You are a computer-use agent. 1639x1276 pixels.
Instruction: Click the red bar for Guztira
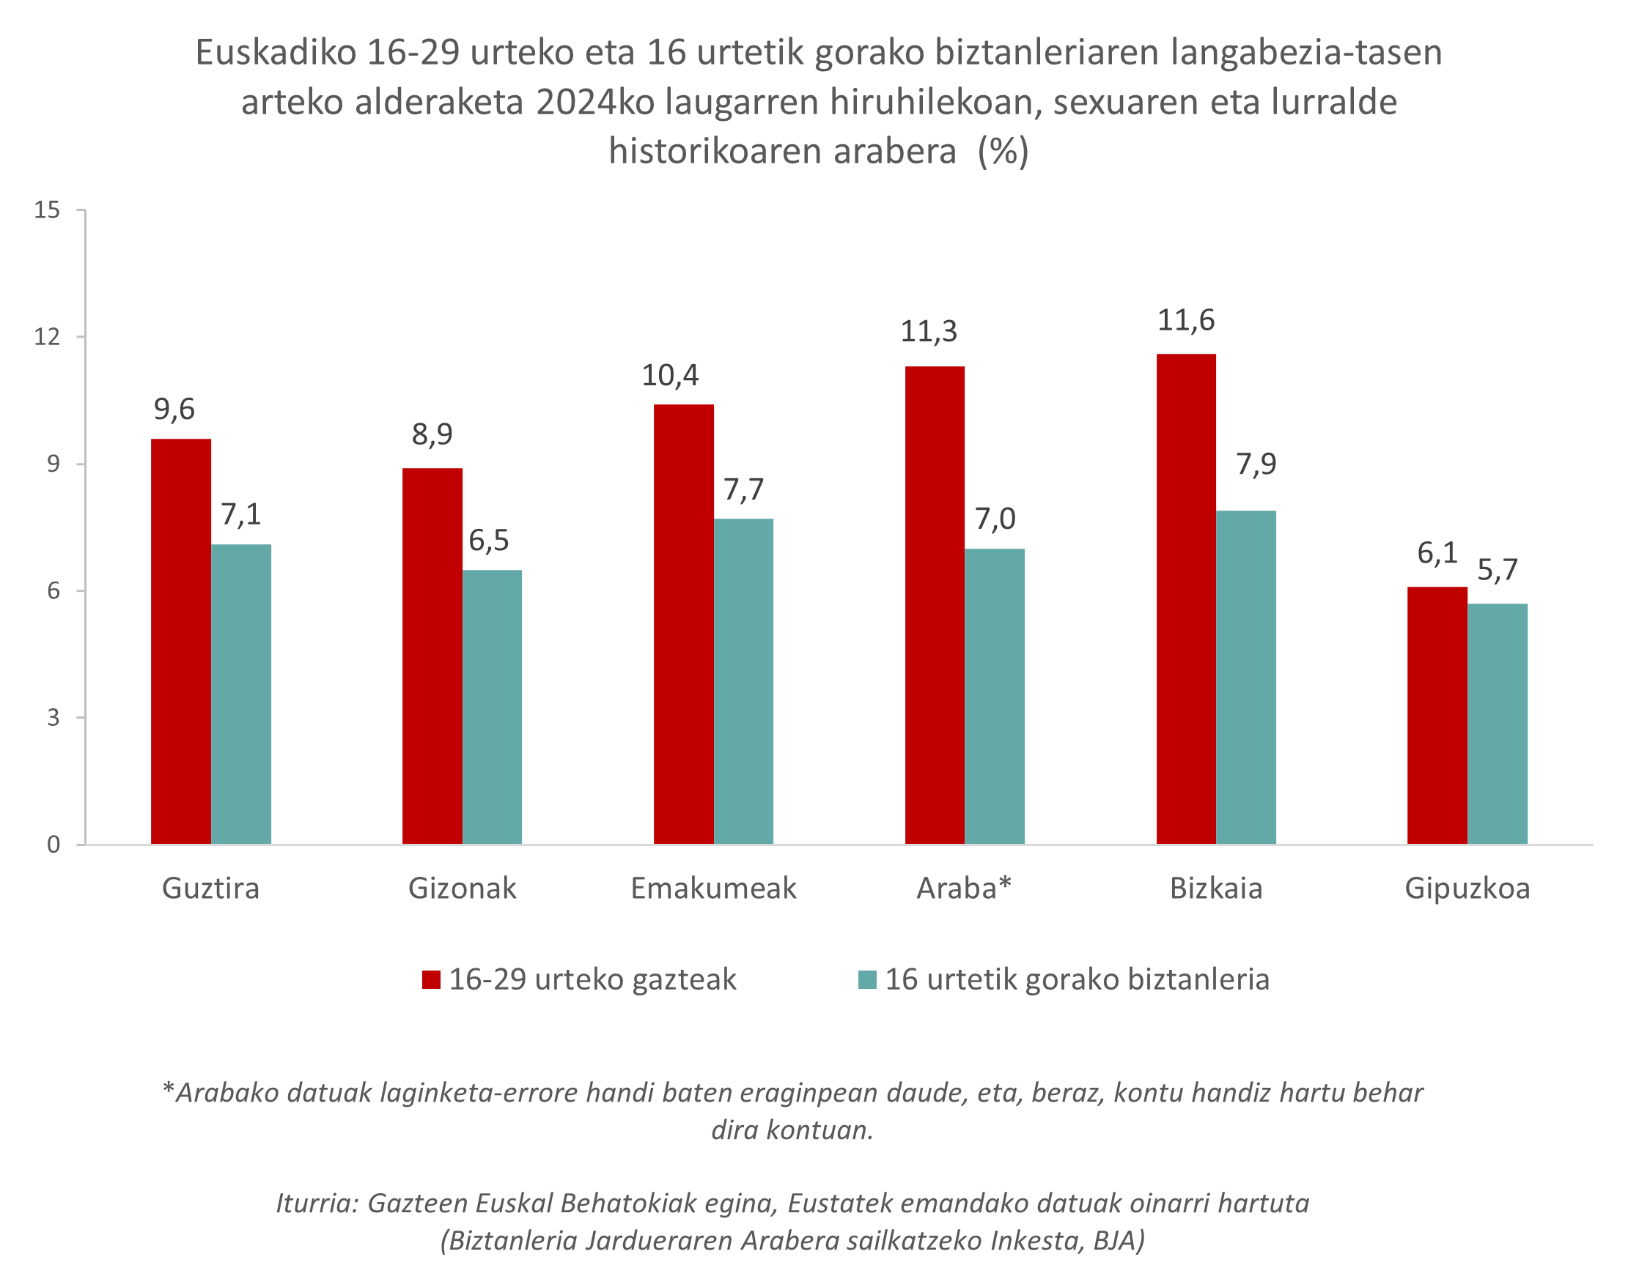(181, 642)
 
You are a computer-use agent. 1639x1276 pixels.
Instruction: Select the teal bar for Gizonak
(492, 707)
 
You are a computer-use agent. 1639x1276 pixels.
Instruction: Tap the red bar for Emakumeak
(683, 624)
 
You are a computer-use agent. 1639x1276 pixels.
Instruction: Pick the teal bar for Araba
(995, 696)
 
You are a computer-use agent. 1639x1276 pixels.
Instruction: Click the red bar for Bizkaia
(1186, 598)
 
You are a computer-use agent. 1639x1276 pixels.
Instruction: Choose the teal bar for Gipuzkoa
(1497, 724)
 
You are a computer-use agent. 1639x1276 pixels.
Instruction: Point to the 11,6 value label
(1186, 320)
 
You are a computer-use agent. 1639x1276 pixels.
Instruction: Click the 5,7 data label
(1497, 570)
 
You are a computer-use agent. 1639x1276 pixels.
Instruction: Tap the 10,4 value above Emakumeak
(669, 375)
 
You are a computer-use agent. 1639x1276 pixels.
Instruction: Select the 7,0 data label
(995, 519)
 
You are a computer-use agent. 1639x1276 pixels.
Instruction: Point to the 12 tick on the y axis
(46, 337)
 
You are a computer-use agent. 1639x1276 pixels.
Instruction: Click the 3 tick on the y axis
(54, 718)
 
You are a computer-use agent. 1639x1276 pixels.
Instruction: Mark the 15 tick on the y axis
(46, 210)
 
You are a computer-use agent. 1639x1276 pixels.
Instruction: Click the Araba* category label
(965, 889)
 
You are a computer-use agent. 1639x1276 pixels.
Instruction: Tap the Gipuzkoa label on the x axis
(1467, 889)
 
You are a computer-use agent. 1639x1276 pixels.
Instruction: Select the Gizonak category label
(463, 889)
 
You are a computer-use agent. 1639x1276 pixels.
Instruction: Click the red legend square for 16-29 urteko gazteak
(431, 979)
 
